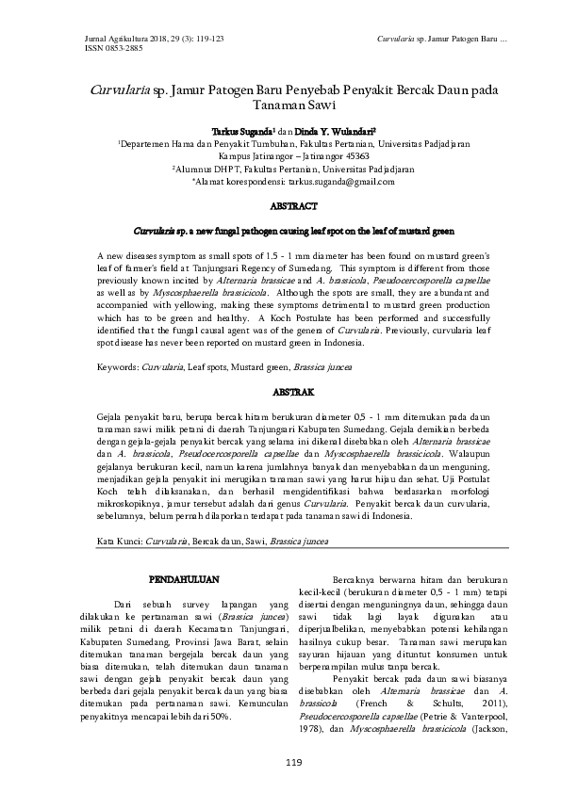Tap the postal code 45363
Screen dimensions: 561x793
point(348,155)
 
